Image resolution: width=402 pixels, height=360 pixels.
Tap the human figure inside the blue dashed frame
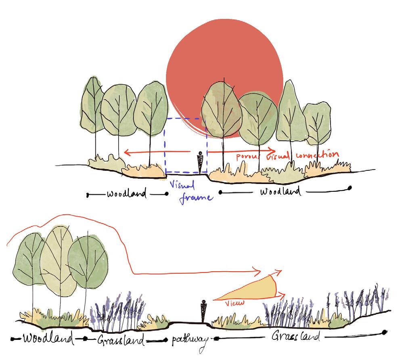(201, 163)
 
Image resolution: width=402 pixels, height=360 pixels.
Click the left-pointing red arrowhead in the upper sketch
(126, 152)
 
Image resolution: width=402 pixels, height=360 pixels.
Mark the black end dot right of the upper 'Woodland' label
(350, 188)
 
